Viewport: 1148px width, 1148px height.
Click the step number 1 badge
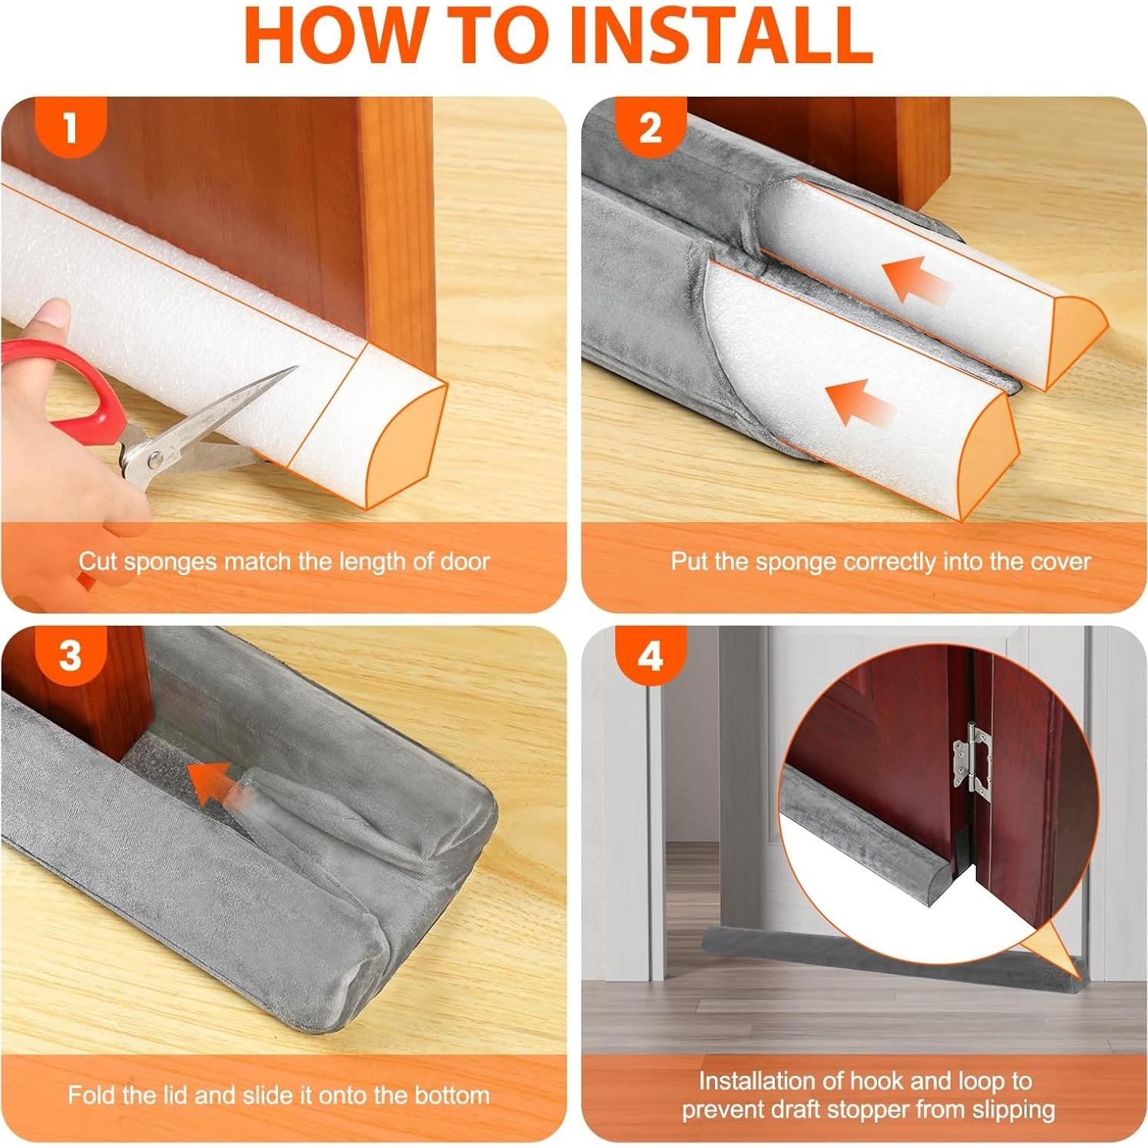[x=71, y=127]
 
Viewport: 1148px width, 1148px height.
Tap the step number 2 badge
[x=650, y=127]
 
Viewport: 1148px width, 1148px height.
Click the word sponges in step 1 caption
[x=170, y=563]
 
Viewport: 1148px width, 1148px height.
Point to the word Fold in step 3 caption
[x=90, y=1095]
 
